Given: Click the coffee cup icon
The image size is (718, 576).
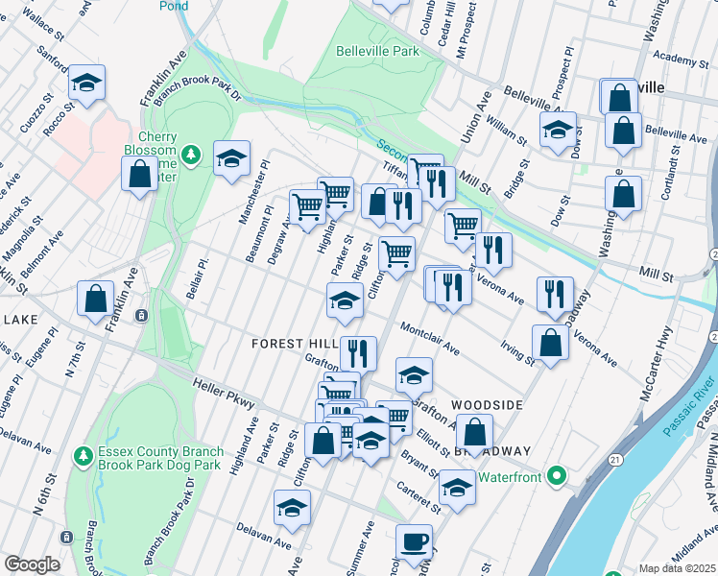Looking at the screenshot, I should (414, 541).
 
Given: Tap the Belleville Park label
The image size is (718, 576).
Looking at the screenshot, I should (377, 49).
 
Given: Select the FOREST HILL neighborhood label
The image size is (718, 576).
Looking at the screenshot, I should (293, 344).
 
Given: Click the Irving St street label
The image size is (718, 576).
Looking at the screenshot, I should (516, 351).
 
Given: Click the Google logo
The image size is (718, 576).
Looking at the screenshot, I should (31, 564).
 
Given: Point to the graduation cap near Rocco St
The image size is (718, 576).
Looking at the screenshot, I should (86, 84).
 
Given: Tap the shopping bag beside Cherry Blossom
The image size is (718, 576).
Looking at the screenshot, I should (139, 175).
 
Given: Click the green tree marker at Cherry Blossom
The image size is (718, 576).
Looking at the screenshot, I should (191, 154).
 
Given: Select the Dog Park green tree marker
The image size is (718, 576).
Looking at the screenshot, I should (84, 454).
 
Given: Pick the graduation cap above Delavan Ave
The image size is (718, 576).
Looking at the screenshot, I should (292, 509).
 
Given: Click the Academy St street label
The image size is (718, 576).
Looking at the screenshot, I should (678, 60).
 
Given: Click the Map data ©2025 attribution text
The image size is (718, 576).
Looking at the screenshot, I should (676, 568).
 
